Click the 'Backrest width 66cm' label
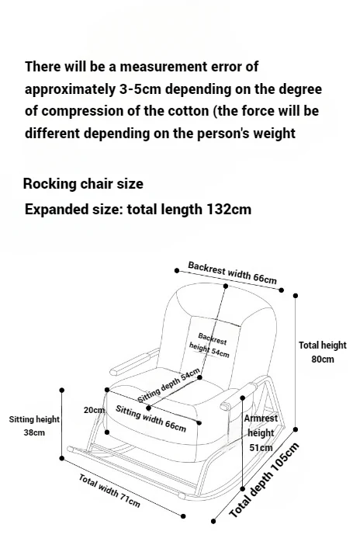pos(232,273)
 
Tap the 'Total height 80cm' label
pos(323,352)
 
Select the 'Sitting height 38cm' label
pos(34,425)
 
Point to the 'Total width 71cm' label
pos(109,490)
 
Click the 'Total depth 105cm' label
pos(265,481)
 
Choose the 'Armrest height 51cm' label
pos(261,432)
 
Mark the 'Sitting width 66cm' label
pos(151,418)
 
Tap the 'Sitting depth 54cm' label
pos(169,386)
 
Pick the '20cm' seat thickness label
pos(94,410)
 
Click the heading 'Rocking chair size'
pos(83,184)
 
